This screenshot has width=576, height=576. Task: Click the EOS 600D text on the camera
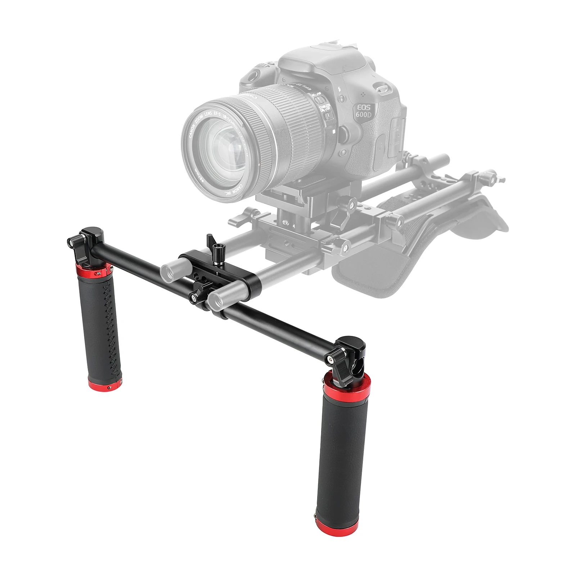point(365,110)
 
